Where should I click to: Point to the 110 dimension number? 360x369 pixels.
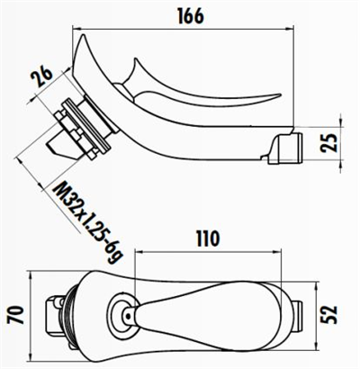(209, 239)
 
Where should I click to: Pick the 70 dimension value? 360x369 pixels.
(13, 315)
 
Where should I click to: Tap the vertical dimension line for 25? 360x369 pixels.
(341, 141)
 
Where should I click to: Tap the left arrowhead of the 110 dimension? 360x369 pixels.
(138, 255)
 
